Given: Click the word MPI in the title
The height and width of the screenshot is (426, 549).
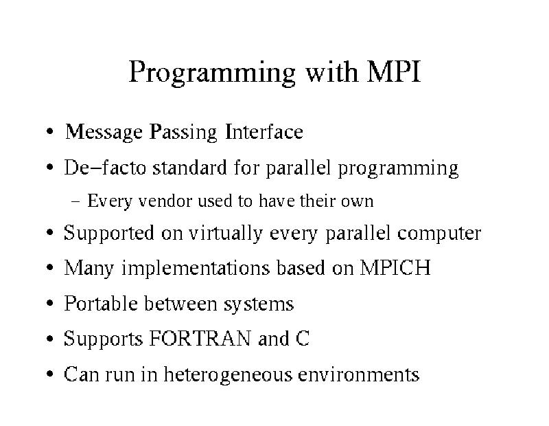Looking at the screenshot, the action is tap(393, 72).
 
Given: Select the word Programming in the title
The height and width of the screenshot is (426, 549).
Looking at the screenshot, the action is tap(212, 74).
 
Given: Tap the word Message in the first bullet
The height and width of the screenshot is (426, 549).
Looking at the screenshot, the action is tap(104, 132).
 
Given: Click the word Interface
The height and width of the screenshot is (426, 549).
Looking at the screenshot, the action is tap(264, 131).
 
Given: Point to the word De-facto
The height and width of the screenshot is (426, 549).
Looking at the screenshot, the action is tap(105, 167).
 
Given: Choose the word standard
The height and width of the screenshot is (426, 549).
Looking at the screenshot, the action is tap(190, 167).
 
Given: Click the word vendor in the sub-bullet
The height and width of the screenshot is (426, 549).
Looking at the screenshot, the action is tap(165, 201).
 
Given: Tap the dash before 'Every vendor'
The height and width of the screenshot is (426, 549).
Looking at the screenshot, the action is tap(75, 201).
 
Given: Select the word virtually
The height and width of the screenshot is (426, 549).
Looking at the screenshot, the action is tap(226, 233).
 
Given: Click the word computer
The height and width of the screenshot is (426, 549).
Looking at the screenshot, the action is tap(439, 234).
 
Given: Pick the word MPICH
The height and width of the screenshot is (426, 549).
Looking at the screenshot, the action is tap(395, 268).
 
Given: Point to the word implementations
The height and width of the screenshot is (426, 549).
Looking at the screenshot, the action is tap(196, 268).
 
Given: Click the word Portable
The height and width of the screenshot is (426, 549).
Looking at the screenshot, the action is tap(101, 303).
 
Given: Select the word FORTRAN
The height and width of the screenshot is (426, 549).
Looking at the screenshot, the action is tap(200, 338).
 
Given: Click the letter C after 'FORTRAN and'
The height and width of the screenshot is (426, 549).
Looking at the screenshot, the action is tap(303, 338).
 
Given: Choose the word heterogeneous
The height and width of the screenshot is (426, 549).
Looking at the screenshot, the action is tap(228, 374).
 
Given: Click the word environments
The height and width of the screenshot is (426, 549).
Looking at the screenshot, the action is tap(358, 374).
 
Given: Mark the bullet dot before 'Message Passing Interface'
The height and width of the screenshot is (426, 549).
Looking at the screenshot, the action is tap(50, 131).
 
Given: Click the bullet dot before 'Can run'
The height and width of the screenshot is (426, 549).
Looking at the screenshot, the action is tap(50, 374).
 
